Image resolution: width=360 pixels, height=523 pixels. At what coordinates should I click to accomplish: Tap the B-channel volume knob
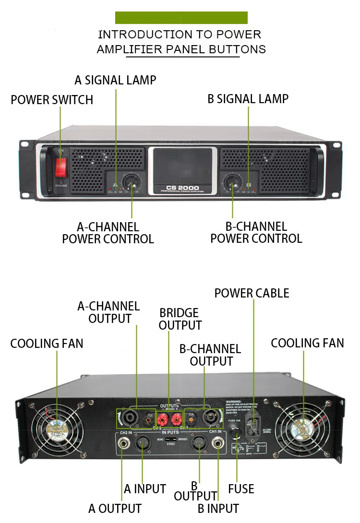233,183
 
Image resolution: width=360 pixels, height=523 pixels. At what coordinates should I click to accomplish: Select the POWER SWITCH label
52,100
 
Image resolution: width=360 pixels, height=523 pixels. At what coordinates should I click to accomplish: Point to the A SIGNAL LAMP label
115,80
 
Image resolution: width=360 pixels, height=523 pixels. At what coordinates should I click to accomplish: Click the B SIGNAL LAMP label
248,99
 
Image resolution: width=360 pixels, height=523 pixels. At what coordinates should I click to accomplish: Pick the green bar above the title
181,18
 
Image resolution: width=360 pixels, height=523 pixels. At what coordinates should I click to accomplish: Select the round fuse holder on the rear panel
236,434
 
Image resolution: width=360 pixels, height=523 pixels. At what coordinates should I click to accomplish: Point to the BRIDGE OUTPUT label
180,319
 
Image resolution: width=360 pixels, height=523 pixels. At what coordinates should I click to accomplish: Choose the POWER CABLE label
252,293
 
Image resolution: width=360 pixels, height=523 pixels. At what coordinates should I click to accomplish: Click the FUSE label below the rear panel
241,489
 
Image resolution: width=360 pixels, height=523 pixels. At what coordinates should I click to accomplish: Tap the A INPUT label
145,489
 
